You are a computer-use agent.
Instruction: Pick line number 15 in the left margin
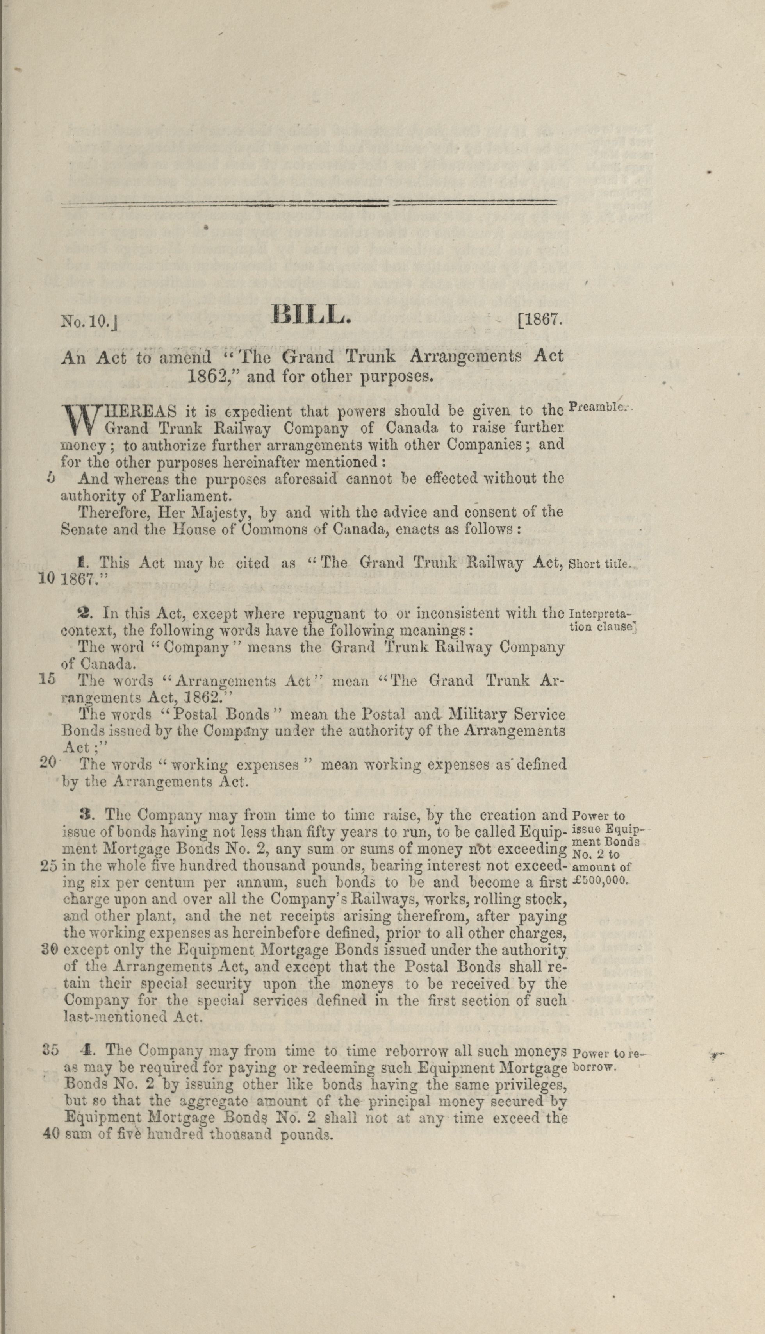(x=47, y=679)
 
